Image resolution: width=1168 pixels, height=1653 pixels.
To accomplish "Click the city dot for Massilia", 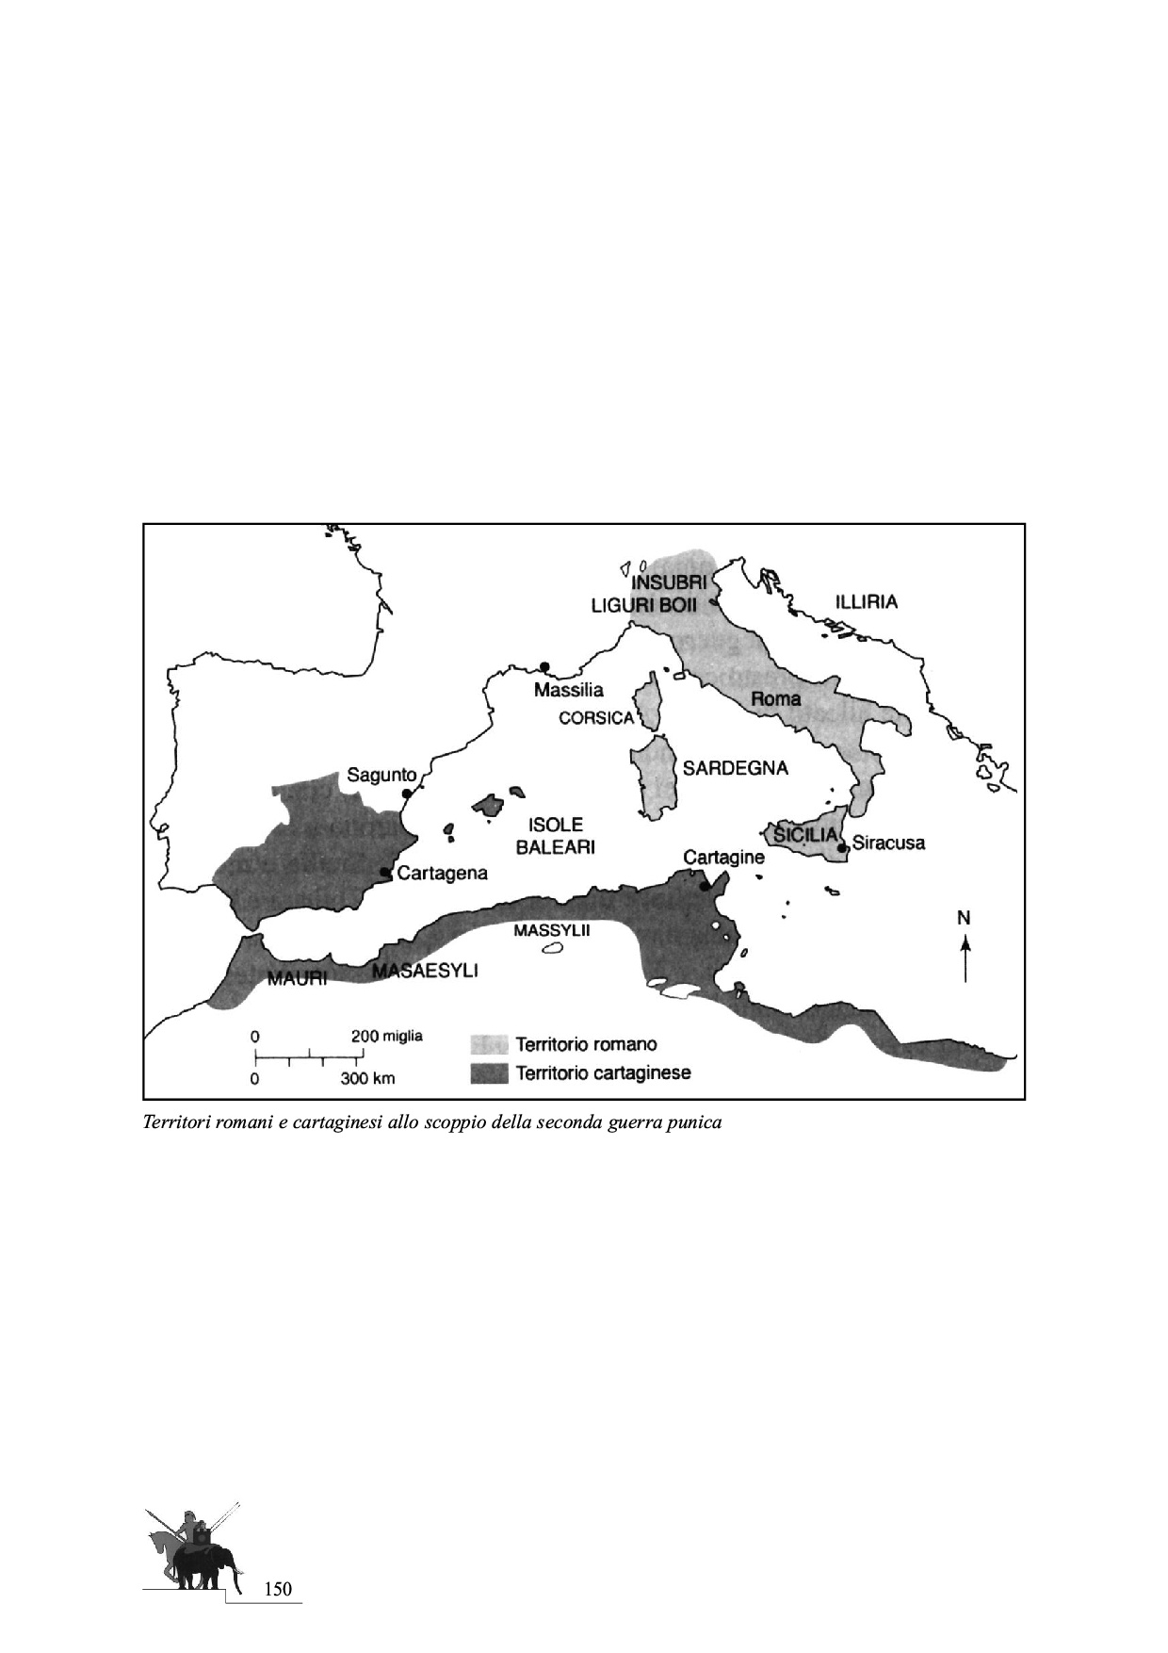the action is point(544,666).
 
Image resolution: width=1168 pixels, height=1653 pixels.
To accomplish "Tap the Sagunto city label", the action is point(381,775).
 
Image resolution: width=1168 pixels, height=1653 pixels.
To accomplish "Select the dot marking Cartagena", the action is point(385,873).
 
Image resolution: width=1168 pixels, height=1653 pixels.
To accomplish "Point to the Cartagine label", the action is point(723,858).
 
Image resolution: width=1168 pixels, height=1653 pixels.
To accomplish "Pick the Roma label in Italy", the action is point(775,698).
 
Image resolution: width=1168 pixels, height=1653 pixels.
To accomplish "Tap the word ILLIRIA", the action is point(866,601).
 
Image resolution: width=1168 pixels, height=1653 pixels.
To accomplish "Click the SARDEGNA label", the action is point(735,768).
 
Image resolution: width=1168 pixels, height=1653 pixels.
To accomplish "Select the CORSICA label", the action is point(596,718).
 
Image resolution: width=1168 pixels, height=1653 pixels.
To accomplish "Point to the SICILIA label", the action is point(805,835).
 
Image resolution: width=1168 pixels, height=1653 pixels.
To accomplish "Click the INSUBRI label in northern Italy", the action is point(668,582).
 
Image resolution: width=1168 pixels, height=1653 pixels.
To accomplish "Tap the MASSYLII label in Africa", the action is point(551,930).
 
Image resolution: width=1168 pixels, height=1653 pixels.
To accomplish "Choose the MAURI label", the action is point(297,978).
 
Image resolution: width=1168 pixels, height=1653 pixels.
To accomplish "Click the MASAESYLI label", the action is point(426,970).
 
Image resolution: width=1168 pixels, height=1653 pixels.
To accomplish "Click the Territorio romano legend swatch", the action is point(489,1044).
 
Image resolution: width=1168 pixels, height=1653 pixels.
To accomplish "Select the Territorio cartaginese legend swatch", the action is point(489,1072).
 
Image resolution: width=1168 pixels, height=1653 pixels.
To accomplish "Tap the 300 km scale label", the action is point(366,1079).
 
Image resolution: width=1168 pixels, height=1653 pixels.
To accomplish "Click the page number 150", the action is point(278,1590).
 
